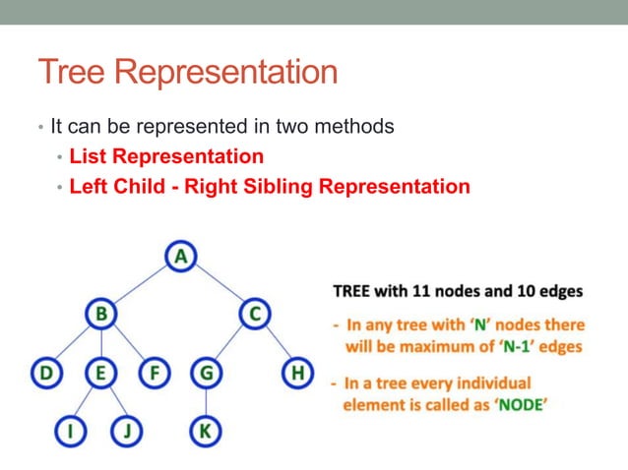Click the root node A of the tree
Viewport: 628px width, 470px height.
pos(180,257)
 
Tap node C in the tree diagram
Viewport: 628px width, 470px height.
pos(254,315)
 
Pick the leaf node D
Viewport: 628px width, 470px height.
pos(45,373)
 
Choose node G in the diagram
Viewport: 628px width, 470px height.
pos(206,373)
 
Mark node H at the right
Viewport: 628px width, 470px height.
pos(296,373)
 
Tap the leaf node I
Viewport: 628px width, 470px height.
pos(71,430)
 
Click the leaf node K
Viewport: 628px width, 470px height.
pos(206,430)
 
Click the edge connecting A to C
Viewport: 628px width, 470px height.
pos(218,285)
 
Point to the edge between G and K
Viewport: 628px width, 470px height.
pos(206,401)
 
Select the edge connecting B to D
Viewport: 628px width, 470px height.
pos(72,344)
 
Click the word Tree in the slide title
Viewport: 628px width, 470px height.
pos(72,73)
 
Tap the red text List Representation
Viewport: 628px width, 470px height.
pos(166,156)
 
